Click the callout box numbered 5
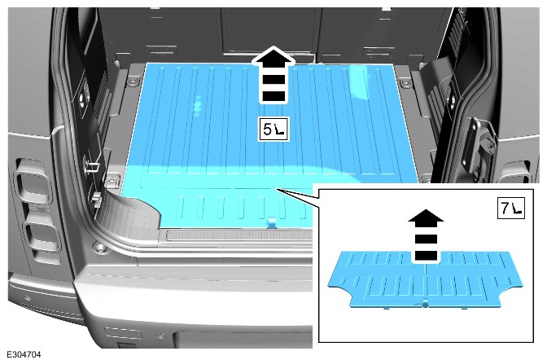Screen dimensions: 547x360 pyautogui.click(x=273, y=130)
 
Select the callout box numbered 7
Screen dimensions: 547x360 pyautogui.click(x=510, y=209)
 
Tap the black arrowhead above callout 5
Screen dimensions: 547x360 pyautogui.click(x=273, y=56)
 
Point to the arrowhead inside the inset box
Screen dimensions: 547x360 pyautogui.click(x=426, y=216)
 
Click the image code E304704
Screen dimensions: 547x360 pyautogui.click(x=24, y=354)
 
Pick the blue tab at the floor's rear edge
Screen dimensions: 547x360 pyautogui.click(x=272, y=223)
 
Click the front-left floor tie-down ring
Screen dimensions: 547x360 pyautogui.click(x=132, y=82)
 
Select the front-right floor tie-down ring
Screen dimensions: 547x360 pyautogui.click(x=405, y=83)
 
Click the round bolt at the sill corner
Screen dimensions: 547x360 pyautogui.click(x=100, y=248)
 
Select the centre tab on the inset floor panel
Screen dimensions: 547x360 pyautogui.click(x=425, y=304)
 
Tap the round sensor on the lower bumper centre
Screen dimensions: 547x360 pyautogui.click(x=161, y=336)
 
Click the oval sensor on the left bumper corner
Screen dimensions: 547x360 pyautogui.click(x=27, y=299)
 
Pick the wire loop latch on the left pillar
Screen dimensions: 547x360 pyautogui.click(x=91, y=165)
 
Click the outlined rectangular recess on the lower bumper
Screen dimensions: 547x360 pyautogui.click(x=123, y=333)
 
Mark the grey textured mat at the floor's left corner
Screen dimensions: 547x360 pyautogui.click(x=129, y=217)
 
